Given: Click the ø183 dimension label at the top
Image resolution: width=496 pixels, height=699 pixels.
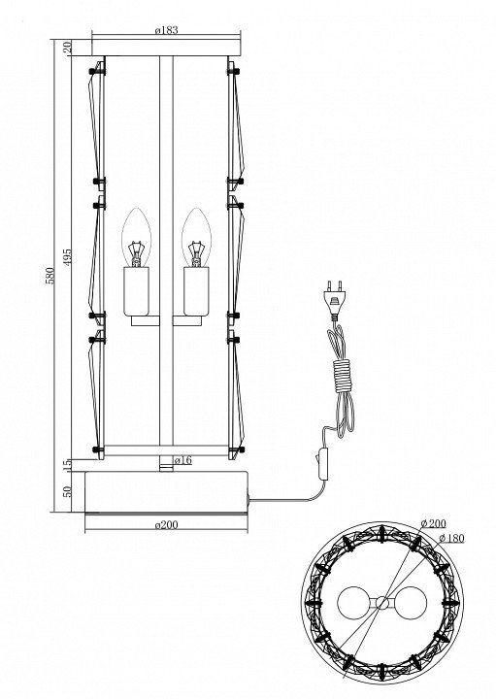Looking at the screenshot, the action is [x=166, y=30].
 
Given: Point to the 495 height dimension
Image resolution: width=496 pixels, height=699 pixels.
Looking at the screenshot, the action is [x=67, y=257].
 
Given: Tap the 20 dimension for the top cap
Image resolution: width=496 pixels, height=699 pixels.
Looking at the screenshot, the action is [x=67, y=48].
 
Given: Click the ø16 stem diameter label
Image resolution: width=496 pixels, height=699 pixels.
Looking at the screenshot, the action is [x=182, y=460].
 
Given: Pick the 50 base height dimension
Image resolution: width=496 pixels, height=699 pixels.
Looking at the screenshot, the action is [x=67, y=491].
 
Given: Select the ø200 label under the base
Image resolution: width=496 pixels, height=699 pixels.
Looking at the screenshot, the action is [x=166, y=524].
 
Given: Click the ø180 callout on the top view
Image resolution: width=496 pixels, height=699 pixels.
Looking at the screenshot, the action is [x=451, y=538].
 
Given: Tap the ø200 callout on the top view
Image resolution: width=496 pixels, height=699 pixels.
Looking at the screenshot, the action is [x=433, y=523].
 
